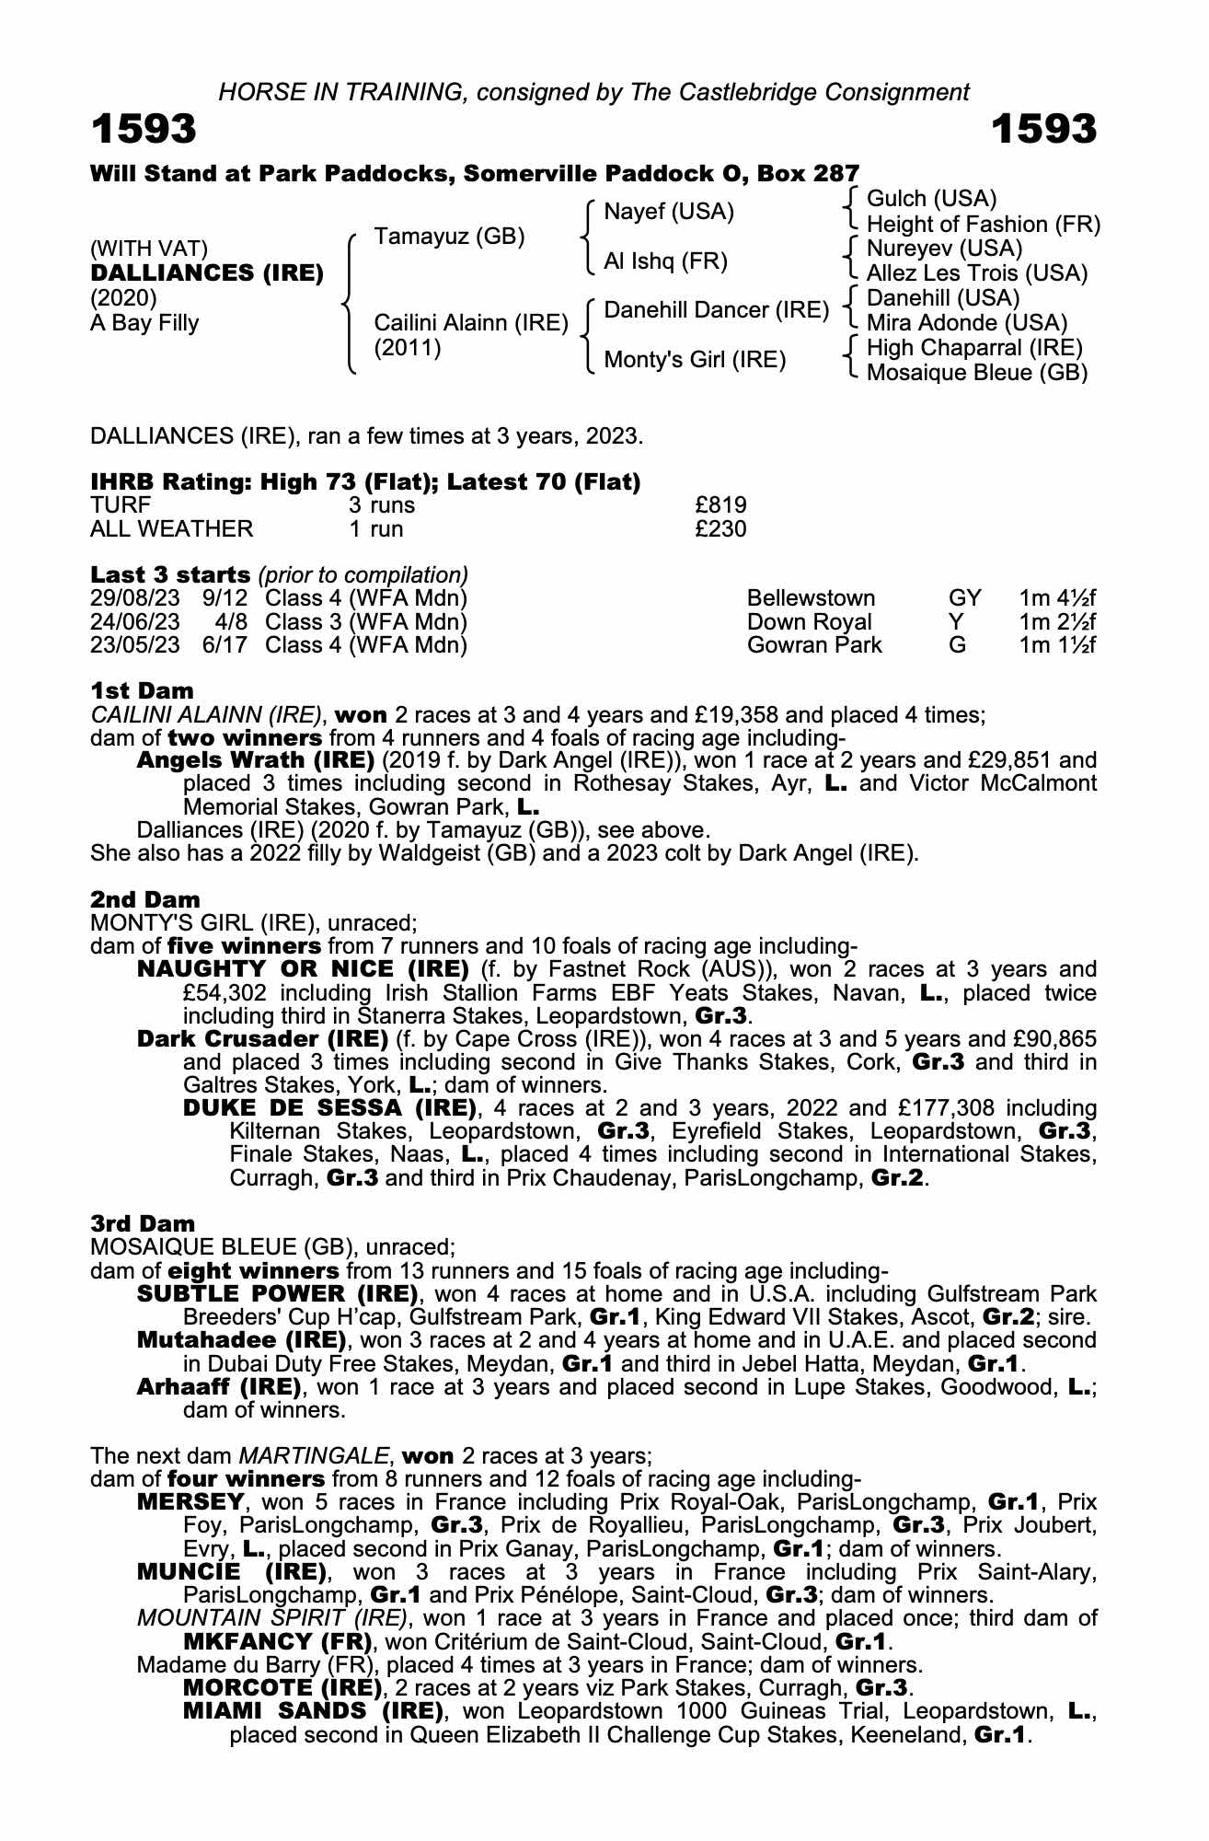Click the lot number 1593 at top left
pos(144,129)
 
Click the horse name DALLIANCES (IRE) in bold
pos(207,273)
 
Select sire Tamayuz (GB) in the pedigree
pos(449,237)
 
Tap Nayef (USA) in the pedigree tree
pos(668,212)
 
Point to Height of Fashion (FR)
pos(983,225)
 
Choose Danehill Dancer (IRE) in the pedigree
pos(716,310)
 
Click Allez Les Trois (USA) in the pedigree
pos(977,273)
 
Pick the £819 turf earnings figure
pos(721,505)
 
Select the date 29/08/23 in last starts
pos(134,598)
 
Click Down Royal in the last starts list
pos(809,622)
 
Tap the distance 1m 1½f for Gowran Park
pos(1057,645)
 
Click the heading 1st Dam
pos(142,690)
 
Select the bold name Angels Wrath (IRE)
pos(255,760)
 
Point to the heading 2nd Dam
pos(144,898)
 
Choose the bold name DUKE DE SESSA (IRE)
pos(330,1107)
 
